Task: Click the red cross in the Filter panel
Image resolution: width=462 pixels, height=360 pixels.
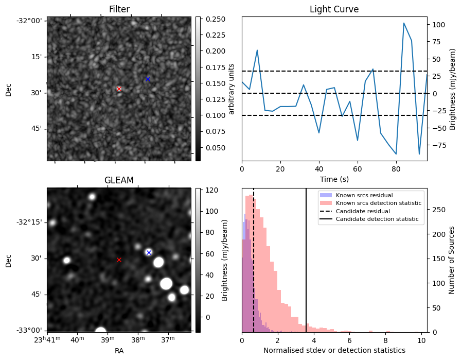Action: pyautogui.click(x=119, y=89)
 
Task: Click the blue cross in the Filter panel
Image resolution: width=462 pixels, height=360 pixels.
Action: pyautogui.click(x=148, y=79)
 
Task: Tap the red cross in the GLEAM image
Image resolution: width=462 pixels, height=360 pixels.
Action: pyautogui.click(x=119, y=260)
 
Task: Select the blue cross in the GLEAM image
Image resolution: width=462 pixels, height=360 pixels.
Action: pyautogui.click(x=149, y=252)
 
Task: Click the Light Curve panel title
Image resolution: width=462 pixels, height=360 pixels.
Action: pyautogui.click(x=334, y=9)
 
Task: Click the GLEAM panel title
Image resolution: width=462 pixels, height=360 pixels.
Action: pyautogui.click(x=119, y=180)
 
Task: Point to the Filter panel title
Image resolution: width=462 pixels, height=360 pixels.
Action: pyautogui.click(x=119, y=9)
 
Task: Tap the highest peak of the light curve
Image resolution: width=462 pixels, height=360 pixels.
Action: pyautogui.click(x=404, y=23)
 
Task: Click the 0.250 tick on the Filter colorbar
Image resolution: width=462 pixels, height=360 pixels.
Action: pyautogui.click(x=211, y=19)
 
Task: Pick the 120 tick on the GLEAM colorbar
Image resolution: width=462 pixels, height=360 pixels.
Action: pyautogui.click(x=209, y=190)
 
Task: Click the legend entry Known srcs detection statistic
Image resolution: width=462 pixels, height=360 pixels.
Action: pyautogui.click(x=378, y=203)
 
